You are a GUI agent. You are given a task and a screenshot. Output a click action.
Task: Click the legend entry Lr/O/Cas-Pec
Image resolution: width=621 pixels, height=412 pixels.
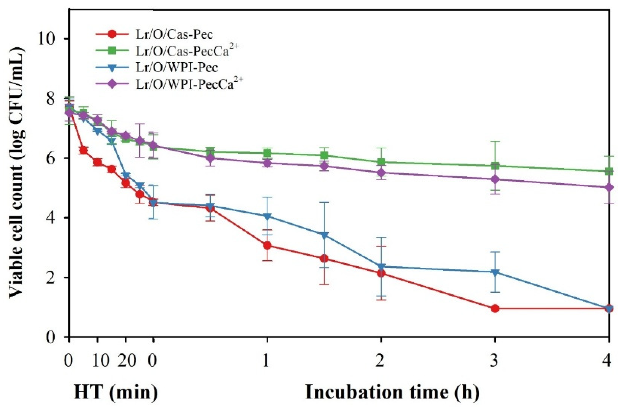coord(174,35)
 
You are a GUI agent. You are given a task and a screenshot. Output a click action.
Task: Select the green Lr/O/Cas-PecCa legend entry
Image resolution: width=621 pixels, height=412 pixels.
coord(187,51)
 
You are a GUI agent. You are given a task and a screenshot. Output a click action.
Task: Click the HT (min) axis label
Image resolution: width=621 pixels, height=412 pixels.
coord(116,392)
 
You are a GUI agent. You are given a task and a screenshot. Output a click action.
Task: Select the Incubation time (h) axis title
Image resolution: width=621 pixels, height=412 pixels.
coord(392,392)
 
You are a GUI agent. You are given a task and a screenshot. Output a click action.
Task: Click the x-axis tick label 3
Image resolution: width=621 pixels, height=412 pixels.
coord(494,361)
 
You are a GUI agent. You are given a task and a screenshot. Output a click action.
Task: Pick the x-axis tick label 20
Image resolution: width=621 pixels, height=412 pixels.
coord(127,361)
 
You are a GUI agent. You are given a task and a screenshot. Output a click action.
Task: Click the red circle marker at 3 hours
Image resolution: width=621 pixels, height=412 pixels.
coord(495,308)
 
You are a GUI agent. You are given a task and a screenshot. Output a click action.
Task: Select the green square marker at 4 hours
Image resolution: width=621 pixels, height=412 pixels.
coord(609,171)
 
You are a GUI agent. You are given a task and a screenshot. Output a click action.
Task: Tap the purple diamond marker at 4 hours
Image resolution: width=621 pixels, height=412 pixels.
coord(609,187)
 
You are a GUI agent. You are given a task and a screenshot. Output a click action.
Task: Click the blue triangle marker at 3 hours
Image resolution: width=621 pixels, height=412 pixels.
coord(495,272)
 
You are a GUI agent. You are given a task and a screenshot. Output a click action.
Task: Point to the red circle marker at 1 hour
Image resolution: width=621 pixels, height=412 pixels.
coord(267,245)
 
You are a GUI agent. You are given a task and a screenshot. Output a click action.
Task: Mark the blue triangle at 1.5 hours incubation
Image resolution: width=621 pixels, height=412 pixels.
coord(324,235)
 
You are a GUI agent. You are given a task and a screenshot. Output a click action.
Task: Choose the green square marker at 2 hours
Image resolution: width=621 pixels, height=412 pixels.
coord(381,162)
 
